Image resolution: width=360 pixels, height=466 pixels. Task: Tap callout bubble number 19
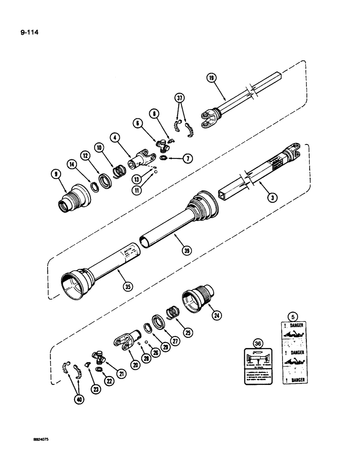(x=212, y=78)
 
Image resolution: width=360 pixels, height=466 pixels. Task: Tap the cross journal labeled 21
(x=100, y=357)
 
